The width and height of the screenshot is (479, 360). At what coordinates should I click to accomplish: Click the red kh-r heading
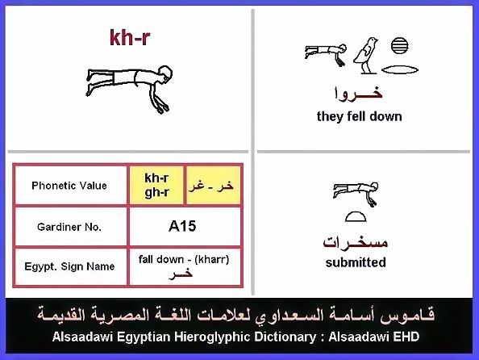point(130,38)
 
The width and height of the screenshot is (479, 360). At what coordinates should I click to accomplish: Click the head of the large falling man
point(165,73)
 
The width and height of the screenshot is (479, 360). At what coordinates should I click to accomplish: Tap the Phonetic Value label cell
point(69,186)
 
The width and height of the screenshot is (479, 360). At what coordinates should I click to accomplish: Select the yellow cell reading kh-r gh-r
point(156,185)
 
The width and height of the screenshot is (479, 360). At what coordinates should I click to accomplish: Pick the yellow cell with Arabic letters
point(213,185)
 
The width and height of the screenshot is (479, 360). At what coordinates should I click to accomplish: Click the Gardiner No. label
point(69,227)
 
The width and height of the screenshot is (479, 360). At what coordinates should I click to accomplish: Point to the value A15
point(182,226)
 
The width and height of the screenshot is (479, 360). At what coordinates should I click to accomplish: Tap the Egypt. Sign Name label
point(69,266)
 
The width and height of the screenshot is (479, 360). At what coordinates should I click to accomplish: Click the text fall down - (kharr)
point(184,259)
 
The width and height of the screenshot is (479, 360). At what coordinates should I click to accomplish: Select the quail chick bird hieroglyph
point(366,56)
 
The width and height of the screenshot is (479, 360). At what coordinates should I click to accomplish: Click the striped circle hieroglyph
point(399,45)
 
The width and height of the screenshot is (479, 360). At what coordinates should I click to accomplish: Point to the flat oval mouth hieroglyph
point(400,70)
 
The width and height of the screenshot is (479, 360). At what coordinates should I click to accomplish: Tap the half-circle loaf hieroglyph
point(356,216)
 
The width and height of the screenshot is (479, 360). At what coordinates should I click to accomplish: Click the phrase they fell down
point(360,116)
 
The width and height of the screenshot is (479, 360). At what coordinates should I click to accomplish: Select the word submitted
point(356,262)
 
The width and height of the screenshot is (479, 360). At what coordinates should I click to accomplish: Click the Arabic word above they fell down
point(358,93)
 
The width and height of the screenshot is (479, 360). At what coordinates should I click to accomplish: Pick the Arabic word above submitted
point(356,242)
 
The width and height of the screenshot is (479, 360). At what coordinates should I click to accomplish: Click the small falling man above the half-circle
point(356,193)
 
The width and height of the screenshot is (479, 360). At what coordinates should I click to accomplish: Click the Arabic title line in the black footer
point(235,315)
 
